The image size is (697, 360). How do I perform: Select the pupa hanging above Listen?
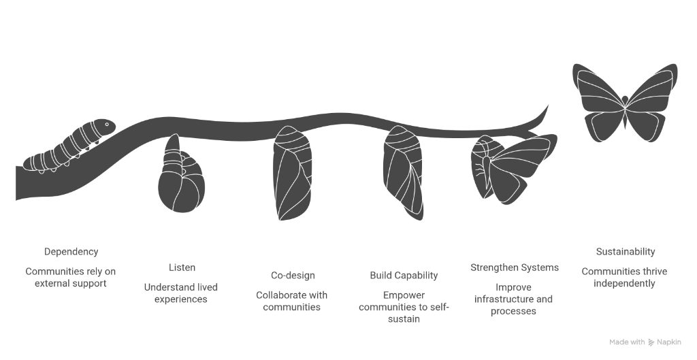(180, 178)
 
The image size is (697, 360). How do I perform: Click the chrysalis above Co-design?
(292, 174)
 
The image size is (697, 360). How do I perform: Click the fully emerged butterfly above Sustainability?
(625, 102)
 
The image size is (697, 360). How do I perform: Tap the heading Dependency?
(71, 252)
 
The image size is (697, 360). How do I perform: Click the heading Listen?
(182, 267)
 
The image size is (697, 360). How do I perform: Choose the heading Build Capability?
(404, 276)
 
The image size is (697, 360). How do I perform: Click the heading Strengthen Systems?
(515, 267)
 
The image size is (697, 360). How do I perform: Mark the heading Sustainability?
(625, 252)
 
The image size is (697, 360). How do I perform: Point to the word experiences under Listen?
(180, 299)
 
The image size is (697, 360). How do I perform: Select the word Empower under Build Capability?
(404, 295)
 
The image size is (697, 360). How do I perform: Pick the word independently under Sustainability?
(624, 283)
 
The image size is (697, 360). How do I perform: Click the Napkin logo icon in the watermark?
(651, 342)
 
